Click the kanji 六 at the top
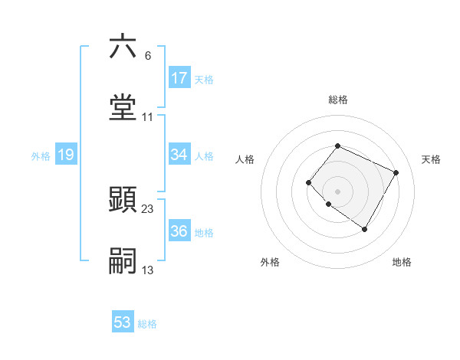click(x=123, y=47)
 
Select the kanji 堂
click(x=123, y=108)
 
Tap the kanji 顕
click(x=123, y=200)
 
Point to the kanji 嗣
click(x=123, y=261)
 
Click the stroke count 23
click(x=149, y=209)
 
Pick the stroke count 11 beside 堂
click(x=148, y=117)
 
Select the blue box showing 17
click(x=179, y=77)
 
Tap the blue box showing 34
click(x=179, y=155)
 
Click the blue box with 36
click(x=179, y=231)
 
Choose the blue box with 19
click(x=65, y=155)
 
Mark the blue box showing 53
click(x=123, y=322)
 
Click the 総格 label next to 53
click(x=147, y=324)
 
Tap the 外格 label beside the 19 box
click(x=41, y=156)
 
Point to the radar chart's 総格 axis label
click(x=338, y=100)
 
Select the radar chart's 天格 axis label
click(x=432, y=159)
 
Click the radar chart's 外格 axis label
click(x=270, y=262)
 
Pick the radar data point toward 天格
click(x=396, y=172)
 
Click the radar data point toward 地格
click(x=364, y=229)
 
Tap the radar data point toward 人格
click(x=308, y=182)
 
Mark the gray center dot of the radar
click(x=337, y=191)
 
